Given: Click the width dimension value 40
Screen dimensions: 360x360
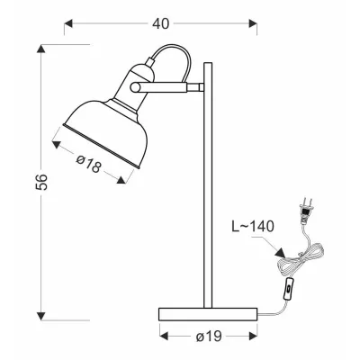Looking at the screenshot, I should pos(160,24).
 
